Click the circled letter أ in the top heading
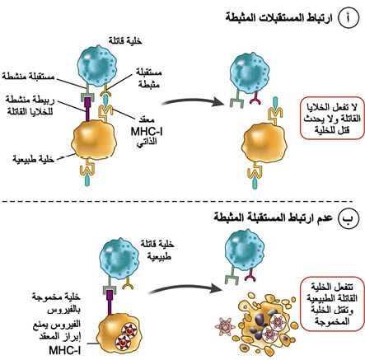[x=348, y=17]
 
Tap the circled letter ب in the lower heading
[x=349, y=218]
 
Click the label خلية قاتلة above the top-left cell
[x=125, y=41]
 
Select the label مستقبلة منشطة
[x=28, y=76]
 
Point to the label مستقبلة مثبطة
[x=148, y=78]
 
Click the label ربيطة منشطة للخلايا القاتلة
[x=30, y=105]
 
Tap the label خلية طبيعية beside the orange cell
[x=33, y=159]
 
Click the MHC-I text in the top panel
[x=147, y=132]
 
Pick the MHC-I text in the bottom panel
[x=65, y=350]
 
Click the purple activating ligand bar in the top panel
[x=88, y=109]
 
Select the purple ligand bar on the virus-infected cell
[x=110, y=302]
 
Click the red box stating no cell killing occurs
[x=332, y=118]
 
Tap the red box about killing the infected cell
[x=332, y=304]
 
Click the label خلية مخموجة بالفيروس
[x=56, y=303]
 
